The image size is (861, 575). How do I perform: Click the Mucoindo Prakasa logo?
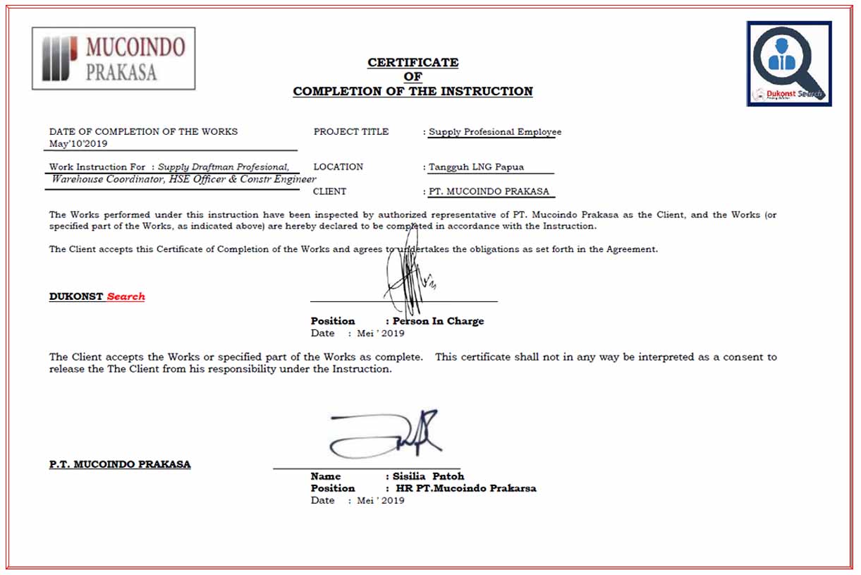pos(114,59)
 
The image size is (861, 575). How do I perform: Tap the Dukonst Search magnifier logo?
pos(789,63)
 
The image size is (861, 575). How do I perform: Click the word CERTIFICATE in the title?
pos(413,63)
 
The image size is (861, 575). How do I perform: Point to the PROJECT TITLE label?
pos(350,132)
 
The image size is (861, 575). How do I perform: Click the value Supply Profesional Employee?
pos(495,132)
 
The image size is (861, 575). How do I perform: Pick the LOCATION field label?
pos(338,167)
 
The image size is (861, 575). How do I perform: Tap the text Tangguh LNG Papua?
pos(477,167)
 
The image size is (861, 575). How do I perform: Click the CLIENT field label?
pos(330,191)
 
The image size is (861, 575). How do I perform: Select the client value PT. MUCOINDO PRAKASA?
pos(489,191)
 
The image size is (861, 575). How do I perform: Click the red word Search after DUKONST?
pos(126,297)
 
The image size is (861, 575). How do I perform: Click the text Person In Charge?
pos(439,321)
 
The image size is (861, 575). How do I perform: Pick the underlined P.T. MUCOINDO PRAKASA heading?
pos(120,464)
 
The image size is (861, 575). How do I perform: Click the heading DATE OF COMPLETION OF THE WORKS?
pos(143,132)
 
